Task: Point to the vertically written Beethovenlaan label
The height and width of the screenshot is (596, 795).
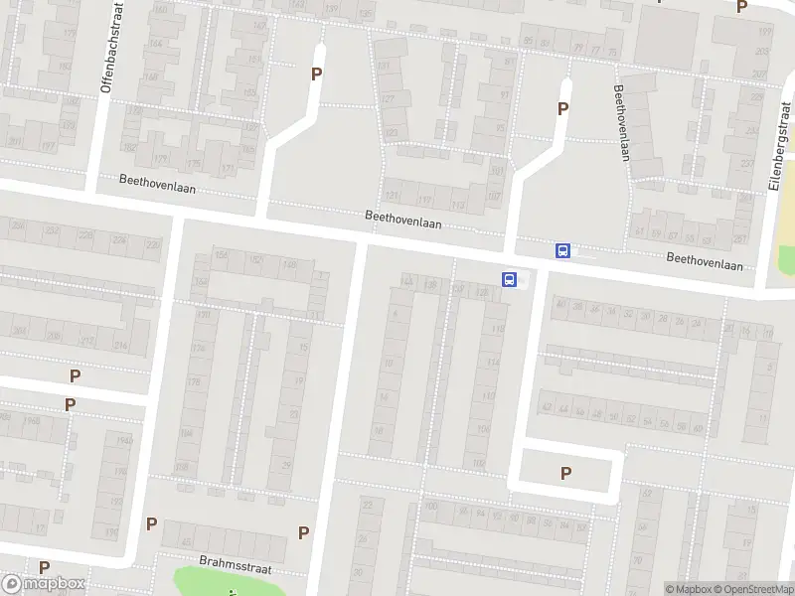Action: (x=622, y=121)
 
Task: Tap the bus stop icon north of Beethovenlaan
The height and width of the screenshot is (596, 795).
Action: (x=562, y=251)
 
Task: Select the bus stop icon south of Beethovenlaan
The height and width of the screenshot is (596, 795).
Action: (x=510, y=280)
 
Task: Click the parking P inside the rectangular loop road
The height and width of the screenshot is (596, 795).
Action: (x=565, y=474)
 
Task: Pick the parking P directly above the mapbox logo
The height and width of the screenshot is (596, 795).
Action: (x=45, y=567)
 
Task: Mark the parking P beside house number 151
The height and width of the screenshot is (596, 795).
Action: (x=317, y=74)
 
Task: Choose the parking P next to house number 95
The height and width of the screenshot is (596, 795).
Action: (x=562, y=109)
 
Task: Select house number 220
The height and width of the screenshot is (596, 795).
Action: (x=152, y=243)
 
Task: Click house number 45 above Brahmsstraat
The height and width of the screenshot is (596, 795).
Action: (x=186, y=542)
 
